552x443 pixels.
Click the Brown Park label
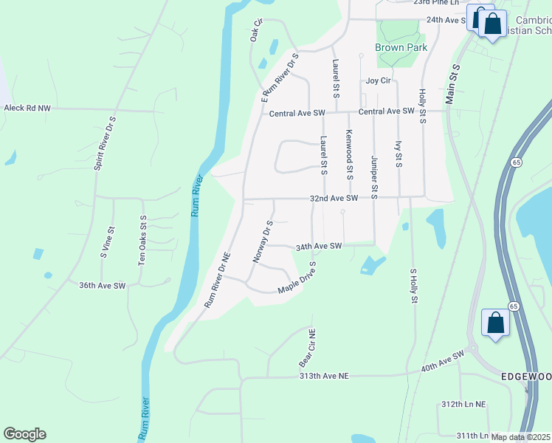click(401, 47)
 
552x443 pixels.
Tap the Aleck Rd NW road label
click(27, 108)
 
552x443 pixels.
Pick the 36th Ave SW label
click(103, 285)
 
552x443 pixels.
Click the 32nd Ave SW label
click(334, 199)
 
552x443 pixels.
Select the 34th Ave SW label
click(319, 246)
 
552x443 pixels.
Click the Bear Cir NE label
click(306, 348)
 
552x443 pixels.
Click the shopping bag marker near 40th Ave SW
click(494, 323)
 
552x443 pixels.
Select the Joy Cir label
click(377, 81)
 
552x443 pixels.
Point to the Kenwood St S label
click(348, 154)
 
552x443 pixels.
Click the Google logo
click(24, 434)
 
